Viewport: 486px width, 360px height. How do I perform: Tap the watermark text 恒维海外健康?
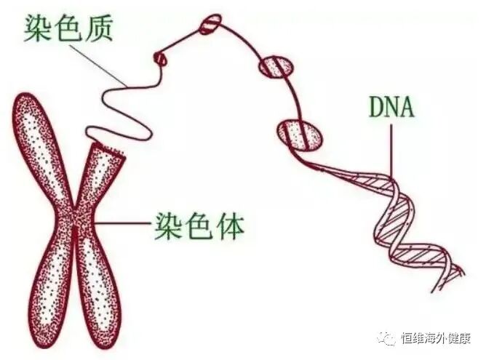click(x=437, y=339)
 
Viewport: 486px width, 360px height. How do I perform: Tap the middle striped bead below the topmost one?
click(x=276, y=66)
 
